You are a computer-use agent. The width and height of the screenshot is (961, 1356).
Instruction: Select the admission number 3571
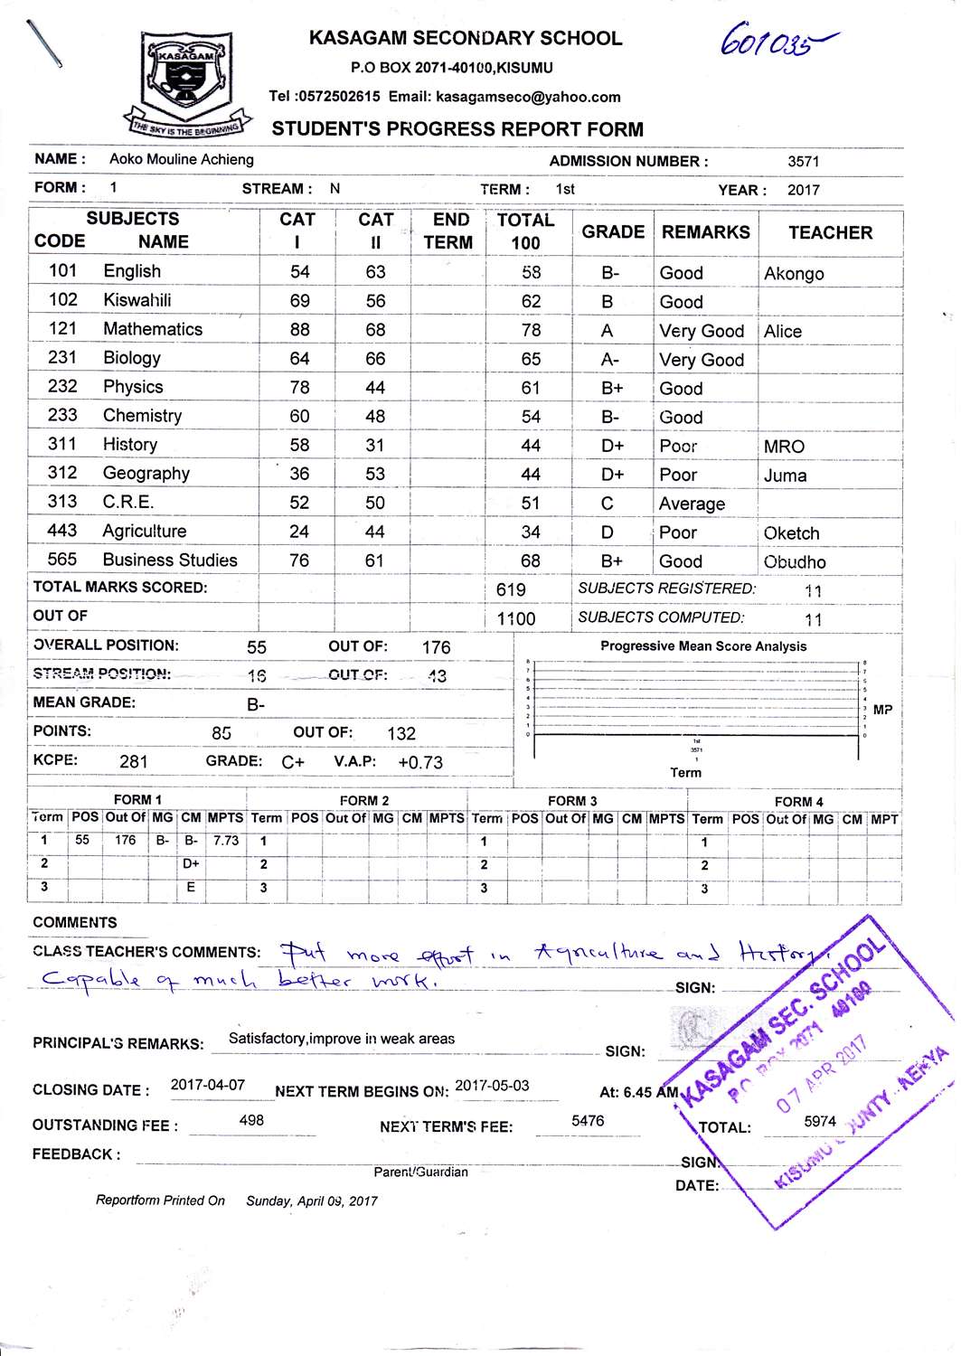803,162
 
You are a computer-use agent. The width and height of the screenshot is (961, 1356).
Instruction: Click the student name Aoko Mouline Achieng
182,159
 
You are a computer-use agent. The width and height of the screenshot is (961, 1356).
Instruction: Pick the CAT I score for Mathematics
299,330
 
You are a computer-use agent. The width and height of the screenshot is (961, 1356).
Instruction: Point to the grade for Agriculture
608,532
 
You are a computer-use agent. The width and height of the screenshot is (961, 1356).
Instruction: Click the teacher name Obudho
795,561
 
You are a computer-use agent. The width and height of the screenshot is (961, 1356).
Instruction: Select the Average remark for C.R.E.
692,504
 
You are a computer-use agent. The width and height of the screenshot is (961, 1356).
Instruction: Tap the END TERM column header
448,231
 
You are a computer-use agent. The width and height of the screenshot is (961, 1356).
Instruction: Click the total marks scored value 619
511,589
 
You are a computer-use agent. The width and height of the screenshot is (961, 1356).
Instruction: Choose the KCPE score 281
134,761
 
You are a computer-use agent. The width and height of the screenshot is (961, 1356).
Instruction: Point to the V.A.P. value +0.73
420,762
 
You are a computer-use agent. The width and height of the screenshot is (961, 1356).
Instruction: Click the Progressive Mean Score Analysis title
703,646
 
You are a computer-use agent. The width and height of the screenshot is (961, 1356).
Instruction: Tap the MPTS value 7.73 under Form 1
226,840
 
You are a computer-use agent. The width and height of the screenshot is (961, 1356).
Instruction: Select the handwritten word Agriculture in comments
598,953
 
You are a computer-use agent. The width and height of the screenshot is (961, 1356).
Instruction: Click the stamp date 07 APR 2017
823,1074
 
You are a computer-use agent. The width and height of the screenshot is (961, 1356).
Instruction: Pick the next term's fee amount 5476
588,1121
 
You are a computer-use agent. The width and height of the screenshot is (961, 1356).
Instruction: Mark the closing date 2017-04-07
208,1085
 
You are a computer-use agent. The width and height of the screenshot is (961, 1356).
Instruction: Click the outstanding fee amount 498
251,1120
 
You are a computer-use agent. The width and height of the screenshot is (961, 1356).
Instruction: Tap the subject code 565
62,560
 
